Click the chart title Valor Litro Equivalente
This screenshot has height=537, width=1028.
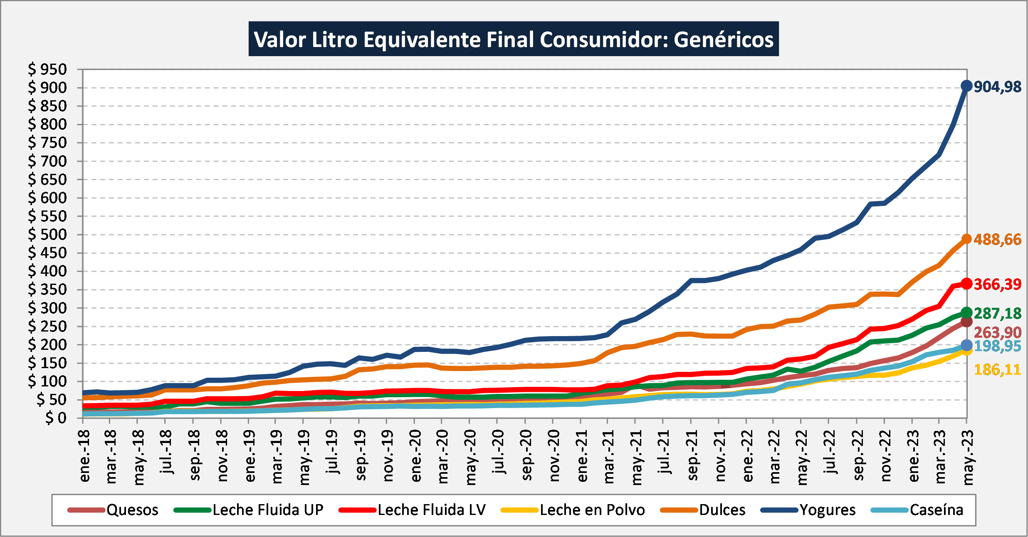(x=514, y=40)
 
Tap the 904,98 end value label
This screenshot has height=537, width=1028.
(x=998, y=87)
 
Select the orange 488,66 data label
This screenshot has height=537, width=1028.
(x=998, y=240)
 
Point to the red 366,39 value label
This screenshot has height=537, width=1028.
(x=998, y=285)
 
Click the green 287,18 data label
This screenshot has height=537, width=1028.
(x=998, y=314)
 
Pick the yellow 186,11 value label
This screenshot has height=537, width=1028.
(x=998, y=370)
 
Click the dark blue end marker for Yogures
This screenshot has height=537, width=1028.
(x=966, y=86)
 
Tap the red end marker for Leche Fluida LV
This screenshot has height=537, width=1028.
(x=966, y=284)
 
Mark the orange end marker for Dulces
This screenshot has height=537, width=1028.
(x=966, y=239)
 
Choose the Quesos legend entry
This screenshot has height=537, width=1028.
(x=113, y=510)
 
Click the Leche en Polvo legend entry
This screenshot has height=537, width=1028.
(x=573, y=510)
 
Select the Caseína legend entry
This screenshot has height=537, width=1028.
(x=917, y=510)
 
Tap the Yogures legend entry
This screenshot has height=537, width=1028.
(x=808, y=510)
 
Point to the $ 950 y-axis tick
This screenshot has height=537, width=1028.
(x=47, y=69)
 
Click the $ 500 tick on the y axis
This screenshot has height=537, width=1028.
(x=47, y=235)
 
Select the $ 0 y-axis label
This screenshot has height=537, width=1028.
(x=56, y=418)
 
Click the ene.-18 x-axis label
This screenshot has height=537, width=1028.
(x=84, y=456)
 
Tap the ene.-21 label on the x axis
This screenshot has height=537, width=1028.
(x=582, y=456)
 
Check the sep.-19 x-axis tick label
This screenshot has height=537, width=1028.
(x=361, y=456)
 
